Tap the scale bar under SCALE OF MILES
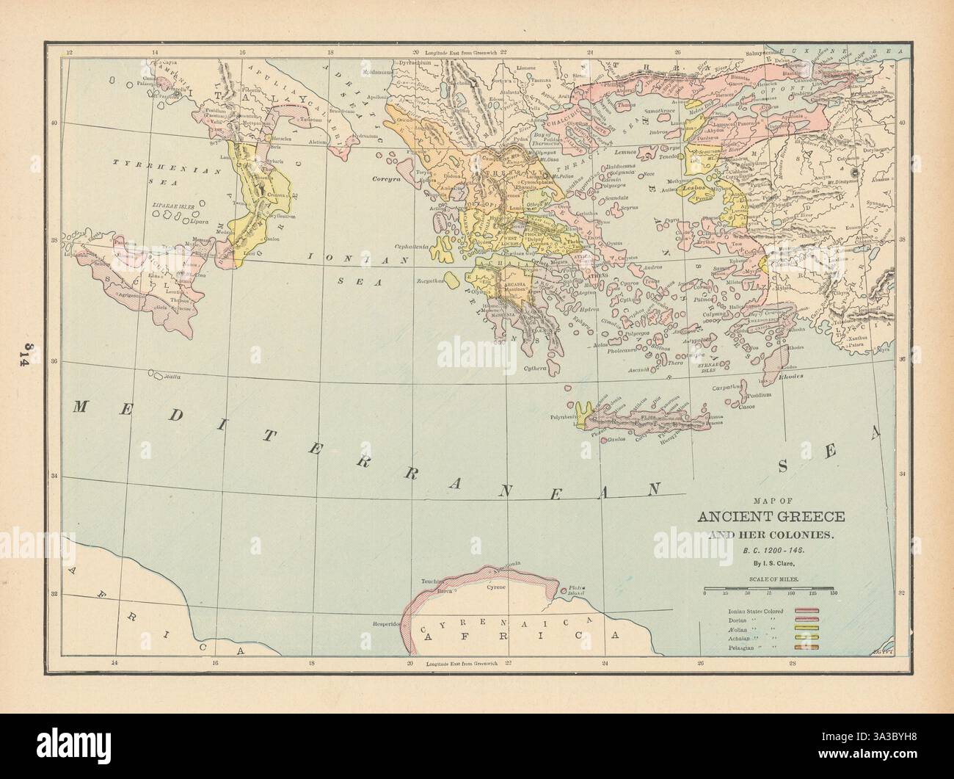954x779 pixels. pos(768,588)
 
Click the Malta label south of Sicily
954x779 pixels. pos(172,375)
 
